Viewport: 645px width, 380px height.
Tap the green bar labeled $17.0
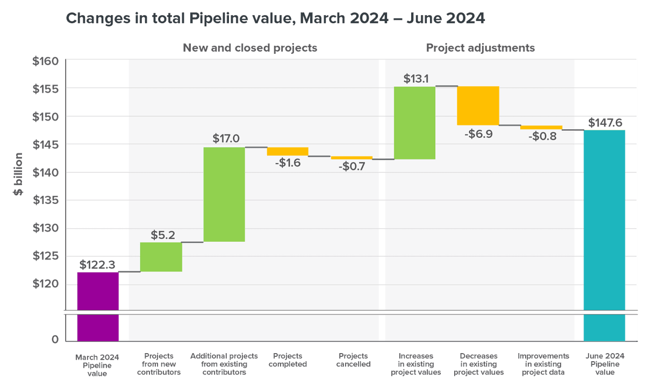tap(224, 194)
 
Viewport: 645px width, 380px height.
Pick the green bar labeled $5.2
tap(161, 257)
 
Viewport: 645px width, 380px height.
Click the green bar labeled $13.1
tap(414, 123)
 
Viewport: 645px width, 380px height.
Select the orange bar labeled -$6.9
tap(478, 105)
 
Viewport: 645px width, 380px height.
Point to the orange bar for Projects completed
tap(288, 151)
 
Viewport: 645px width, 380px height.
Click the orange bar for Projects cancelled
tap(352, 158)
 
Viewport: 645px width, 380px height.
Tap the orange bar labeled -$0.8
tap(541, 127)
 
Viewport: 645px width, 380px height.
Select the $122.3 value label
tap(97, 265)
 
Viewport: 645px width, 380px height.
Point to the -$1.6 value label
tap(288, 163)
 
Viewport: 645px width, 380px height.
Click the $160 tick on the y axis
tap(45, 61)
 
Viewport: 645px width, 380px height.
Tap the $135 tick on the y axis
tap(45, 200)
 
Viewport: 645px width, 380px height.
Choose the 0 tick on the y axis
tap(55, 340)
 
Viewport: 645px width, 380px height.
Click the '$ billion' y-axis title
tap(19, 172)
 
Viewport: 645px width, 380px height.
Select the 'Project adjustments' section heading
tap(481, 48)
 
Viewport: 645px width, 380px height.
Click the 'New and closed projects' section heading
tap(250, 48)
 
